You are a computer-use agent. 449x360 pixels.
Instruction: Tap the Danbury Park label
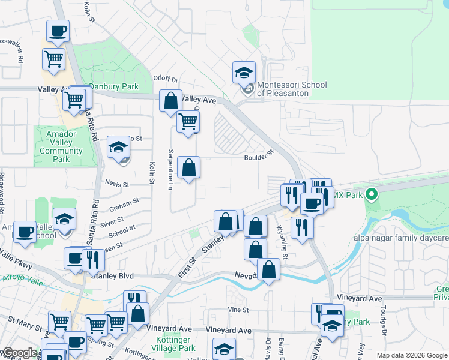114,86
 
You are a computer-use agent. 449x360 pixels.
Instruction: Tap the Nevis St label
116,185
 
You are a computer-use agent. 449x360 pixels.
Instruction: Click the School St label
122,230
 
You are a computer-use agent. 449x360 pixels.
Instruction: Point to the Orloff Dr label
166,79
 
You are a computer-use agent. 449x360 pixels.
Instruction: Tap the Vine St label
238,310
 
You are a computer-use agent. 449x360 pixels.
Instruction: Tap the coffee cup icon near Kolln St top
58,31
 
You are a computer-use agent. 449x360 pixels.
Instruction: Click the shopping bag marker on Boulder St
188,169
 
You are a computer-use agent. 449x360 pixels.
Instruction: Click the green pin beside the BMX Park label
372,194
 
